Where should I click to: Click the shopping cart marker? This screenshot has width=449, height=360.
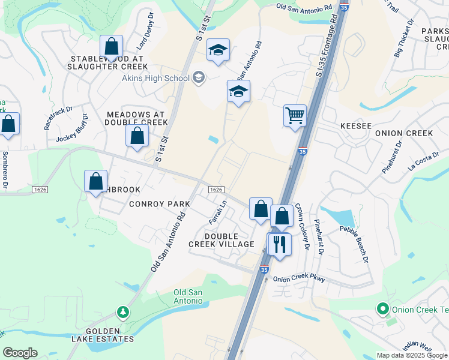coord(295,115)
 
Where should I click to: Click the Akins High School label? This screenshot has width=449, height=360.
coord(155,77)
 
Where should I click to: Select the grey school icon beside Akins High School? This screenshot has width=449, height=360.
coord(199,77)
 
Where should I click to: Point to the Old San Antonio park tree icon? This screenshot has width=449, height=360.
coord(122,312)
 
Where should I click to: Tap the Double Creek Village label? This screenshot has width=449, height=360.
coord(230,240)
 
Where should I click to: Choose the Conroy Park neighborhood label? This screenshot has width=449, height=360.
coord(158,204)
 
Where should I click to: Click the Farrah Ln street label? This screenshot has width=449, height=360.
coord(217,212)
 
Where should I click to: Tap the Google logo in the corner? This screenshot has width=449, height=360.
coord(20,353)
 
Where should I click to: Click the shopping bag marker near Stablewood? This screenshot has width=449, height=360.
coord(111,46)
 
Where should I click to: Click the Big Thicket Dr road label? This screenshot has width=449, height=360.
coord(403,38)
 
